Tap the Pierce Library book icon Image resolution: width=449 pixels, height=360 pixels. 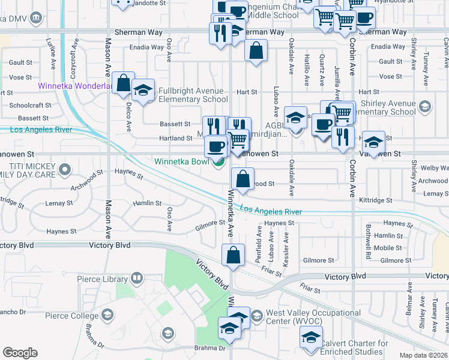coord(137,278)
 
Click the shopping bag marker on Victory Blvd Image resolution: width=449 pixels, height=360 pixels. coord(234,255)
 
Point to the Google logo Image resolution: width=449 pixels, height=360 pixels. coord(20,353)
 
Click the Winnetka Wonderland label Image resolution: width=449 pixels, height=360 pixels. coord(74,86)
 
